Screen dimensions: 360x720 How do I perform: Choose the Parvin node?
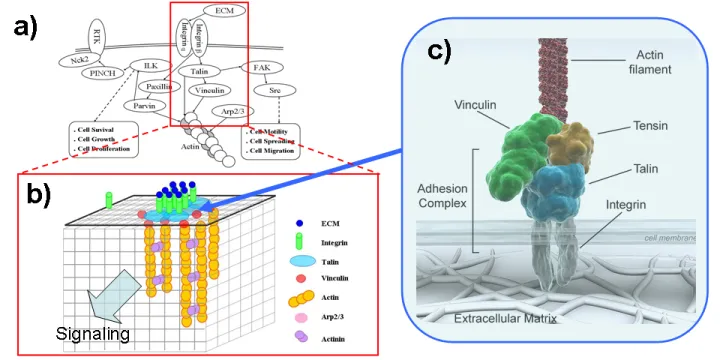145,105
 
